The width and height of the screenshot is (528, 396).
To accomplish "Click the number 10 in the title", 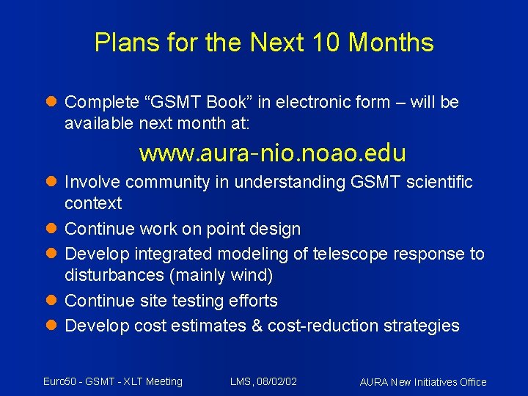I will coord(326,43).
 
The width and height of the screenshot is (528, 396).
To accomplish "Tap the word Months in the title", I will coord(391,43).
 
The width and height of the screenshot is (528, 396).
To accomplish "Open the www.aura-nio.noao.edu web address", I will coord(272,153).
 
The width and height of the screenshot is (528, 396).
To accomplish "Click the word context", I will coord(93,202).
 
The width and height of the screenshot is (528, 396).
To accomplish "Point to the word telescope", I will coord(351,254).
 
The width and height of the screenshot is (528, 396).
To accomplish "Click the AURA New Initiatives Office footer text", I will coord(423,381).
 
